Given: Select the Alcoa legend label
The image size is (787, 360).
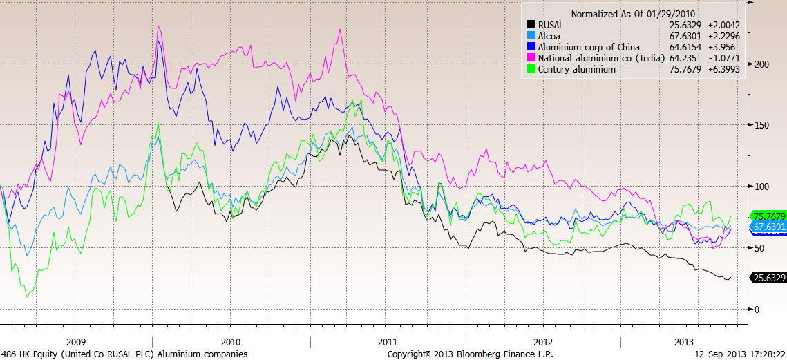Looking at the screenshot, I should click(x=550, y=36).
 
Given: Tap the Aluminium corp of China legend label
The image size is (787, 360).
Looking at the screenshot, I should click(x=589, y=47).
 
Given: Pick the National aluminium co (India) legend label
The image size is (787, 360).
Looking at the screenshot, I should click(x=600, y=58).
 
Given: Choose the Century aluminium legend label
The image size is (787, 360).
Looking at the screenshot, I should click(x=576, y=69).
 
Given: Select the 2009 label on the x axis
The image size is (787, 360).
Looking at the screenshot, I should click(x=75, y=342).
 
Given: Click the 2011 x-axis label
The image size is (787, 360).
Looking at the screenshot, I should click(x=388, y=342).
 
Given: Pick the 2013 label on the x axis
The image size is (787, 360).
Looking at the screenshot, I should click(x=683, y=342).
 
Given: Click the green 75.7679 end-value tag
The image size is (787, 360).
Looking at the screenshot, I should click(x=768, y=214).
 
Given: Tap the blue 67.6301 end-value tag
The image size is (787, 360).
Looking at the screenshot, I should click(x=768, y=227).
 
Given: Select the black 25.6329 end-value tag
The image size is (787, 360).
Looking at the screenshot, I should click(x=768, y=278).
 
